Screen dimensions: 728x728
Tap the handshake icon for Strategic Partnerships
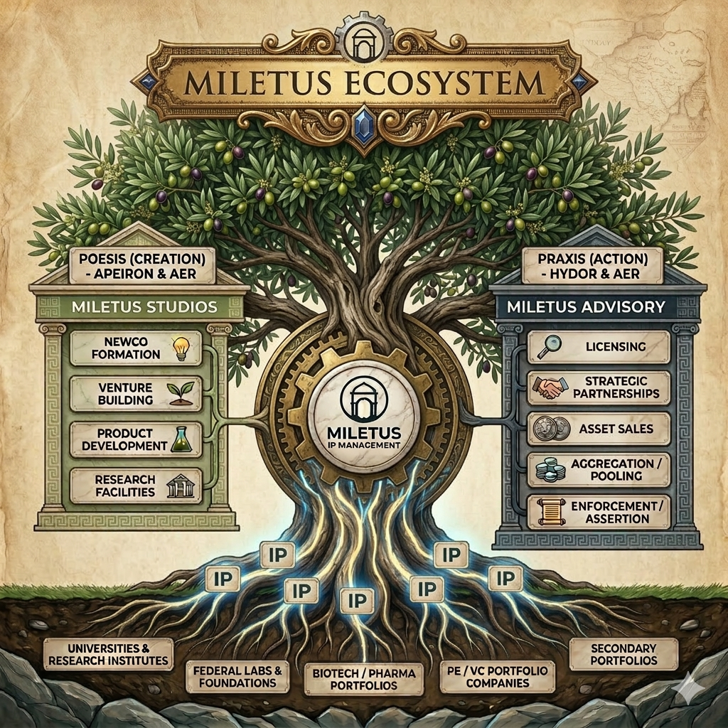click(x=549, y=388)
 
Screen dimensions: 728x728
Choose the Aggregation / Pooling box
click(x=599, y=470)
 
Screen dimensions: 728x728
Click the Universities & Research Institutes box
click(x=108, y=655)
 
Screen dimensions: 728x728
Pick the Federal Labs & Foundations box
click(x=237, y=676)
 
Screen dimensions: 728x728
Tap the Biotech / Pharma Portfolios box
click(x=363, y=679)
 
